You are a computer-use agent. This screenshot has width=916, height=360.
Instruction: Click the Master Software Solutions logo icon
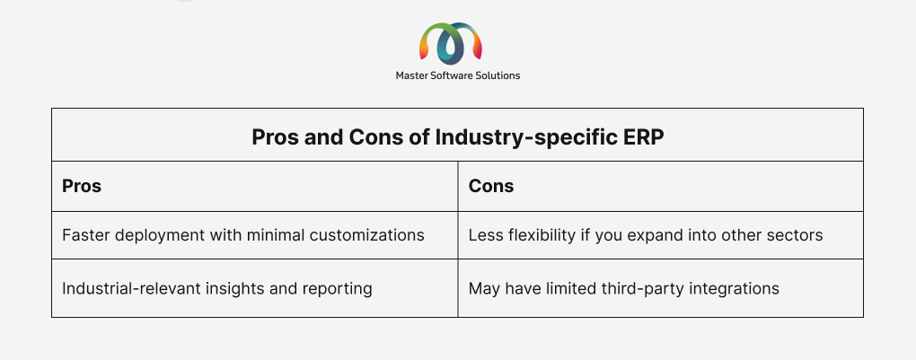(x=451, y=43)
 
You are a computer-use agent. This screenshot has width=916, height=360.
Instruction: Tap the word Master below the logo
(x=410, y=75)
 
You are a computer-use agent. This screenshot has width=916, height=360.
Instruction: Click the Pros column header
(x=82, y=186)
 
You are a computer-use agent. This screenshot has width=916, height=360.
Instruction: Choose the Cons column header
(x=491, y=186)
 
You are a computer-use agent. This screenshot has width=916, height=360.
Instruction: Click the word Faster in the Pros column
(x=83, y=235)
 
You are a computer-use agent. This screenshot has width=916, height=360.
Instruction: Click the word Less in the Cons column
(x=482, y=235)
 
